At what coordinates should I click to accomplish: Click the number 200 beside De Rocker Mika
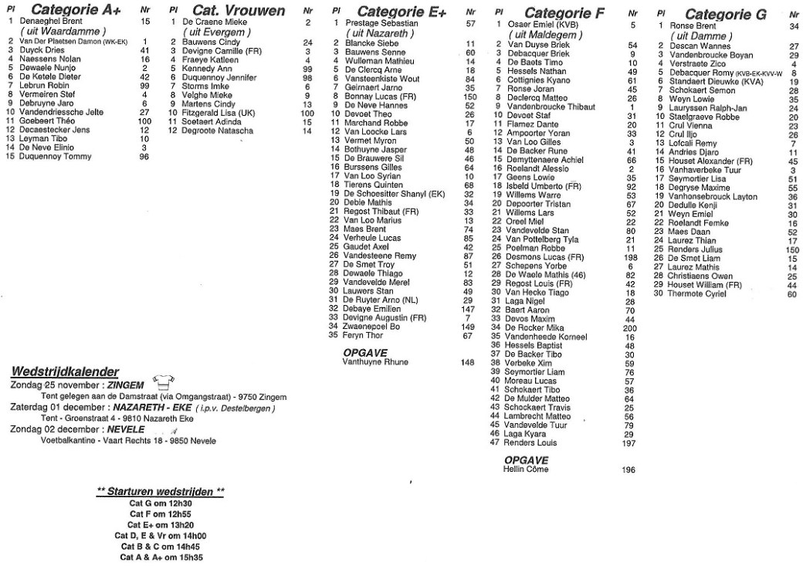[629, 327]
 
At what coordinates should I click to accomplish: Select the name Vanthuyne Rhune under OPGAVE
[375, 361]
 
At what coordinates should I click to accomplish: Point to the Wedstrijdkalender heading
[65, 371]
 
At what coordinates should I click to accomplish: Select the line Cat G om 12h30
[160, 503]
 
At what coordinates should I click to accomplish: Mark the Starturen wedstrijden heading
[161, 491]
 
